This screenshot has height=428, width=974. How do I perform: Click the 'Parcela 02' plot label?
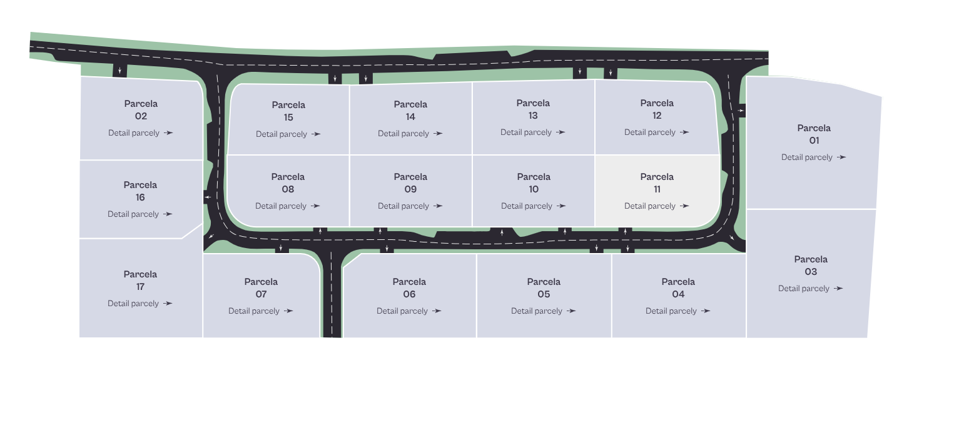(141, 110)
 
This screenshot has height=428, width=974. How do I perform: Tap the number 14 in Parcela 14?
(410, 117)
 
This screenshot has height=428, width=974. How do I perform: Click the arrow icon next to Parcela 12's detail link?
(684, 132)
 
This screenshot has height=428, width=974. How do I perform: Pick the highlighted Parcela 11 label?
(657, 183)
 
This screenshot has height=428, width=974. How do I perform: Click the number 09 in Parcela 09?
(410, 189)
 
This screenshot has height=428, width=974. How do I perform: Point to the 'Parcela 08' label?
(288, 183)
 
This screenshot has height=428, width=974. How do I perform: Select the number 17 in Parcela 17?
(140, 287)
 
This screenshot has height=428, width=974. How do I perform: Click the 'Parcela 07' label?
(261, 287)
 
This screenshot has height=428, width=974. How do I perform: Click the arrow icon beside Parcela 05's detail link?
(571, 311)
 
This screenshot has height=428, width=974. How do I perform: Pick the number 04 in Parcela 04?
(678, 294)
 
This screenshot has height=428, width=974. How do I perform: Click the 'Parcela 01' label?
(814, 134)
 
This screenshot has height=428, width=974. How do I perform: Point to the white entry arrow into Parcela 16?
(208, 197)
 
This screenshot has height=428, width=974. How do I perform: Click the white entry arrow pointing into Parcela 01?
(741, 111)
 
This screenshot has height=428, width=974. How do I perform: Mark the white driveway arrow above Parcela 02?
(120, 71)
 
